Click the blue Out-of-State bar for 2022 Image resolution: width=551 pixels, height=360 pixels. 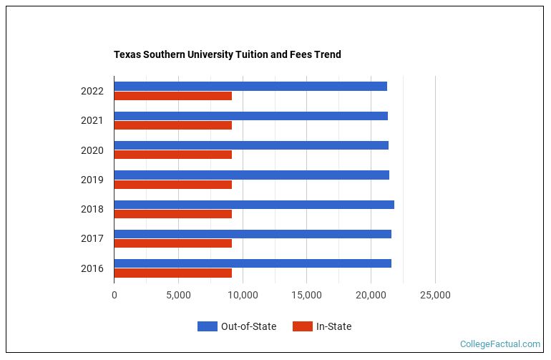(x=250, y=87)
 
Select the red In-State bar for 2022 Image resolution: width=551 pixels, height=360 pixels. (x=172, y=96)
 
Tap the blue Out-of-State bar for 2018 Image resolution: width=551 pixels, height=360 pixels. (x=254, y=205)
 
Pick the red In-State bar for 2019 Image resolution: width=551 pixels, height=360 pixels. (x=172, y=185)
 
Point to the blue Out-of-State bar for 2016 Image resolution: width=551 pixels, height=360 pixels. (x=253, y=263)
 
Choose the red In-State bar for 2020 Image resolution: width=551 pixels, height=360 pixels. (x=172, y=155)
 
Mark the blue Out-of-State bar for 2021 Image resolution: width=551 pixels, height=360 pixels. (x=250, y=116)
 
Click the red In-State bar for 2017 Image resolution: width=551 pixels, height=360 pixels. (x=172, y=243)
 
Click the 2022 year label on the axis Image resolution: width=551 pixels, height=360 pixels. (x=92, y=91)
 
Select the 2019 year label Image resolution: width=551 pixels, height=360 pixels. (x=92, y=180)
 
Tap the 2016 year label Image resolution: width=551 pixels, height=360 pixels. (x=92, y=268)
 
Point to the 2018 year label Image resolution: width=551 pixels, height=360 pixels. (x=92, y=210)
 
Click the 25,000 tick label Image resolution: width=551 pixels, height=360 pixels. (x=435, y=295)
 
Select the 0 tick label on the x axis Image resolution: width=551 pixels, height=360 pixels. (x=114, y=295)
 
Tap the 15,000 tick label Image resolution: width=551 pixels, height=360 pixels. (x=307, y=295)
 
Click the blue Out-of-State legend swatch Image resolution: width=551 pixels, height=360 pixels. (x=207, y=326)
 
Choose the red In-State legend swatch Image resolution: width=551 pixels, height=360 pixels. (x=303, y=326)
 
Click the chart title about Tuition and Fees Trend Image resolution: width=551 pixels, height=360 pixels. (x=228, y=54)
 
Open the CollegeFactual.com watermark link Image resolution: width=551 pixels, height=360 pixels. (x=500, y=344)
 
